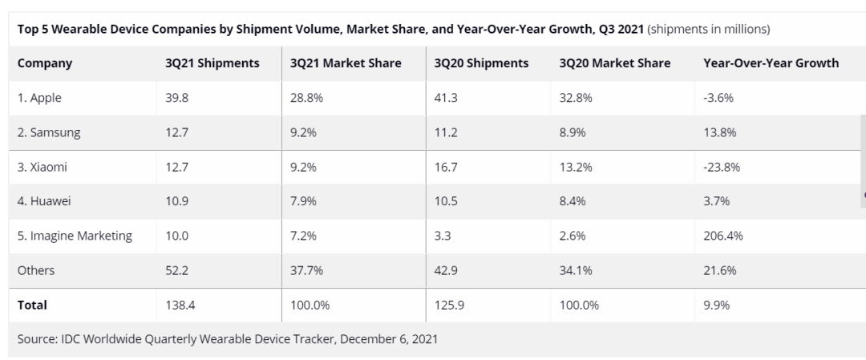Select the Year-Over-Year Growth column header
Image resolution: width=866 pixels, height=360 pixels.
(x=771, y=63)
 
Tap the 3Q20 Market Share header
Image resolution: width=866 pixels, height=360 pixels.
(x=615, y=63)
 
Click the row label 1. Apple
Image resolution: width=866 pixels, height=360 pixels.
(x=39, y=98)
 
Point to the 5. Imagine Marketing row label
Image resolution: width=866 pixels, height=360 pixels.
(x=75, y=236)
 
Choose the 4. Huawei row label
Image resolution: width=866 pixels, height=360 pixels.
(x=44, y=201)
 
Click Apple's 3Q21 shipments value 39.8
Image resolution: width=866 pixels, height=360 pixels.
(x=177, y=98)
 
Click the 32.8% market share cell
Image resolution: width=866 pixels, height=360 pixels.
(x=576, y=98)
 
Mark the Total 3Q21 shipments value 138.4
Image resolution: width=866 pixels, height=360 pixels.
(x=180, y=305)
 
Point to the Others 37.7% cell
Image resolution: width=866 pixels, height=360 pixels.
(x=305, y=270)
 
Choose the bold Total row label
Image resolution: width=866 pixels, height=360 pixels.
(x=32, y=305)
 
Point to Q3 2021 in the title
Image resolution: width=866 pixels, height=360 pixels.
(x=618, y=30)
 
